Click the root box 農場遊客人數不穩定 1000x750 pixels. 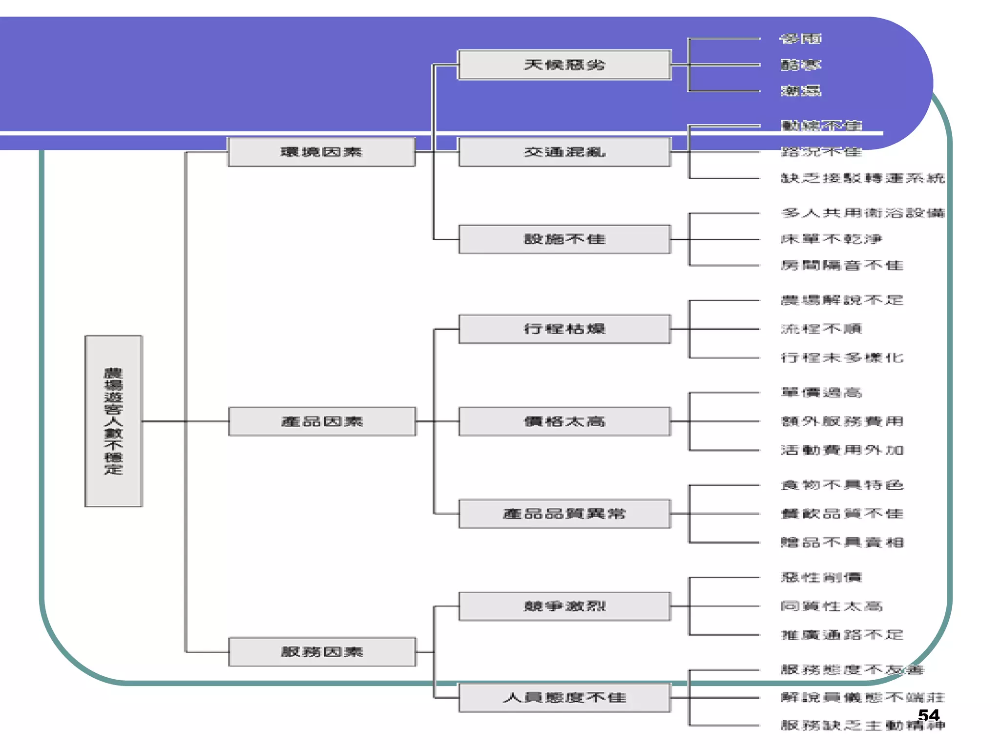[113, 421]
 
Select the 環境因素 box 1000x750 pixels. [321, 152]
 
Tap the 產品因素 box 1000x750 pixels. [322, 421]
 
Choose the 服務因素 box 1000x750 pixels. [322, 651]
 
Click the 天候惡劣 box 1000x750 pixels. [564, 64]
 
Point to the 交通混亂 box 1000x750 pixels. [564, 152]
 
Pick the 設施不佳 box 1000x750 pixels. [564, 239]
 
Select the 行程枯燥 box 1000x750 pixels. [564, 329]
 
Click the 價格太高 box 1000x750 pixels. [564, 421]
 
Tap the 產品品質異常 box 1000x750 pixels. [564, 514]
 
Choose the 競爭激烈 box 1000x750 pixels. [564, 606]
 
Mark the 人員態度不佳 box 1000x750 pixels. [564, 697]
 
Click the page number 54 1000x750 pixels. [928, 715]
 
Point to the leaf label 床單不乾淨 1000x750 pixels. [832, 239]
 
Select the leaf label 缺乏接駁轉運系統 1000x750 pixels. [863, 178]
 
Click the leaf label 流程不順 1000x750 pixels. [821, 329]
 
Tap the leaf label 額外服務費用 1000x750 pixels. [842, 421]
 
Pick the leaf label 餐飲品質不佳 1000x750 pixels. [842, 514]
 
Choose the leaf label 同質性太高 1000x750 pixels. [832, 606]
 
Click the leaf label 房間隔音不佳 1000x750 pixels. [842, 266]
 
